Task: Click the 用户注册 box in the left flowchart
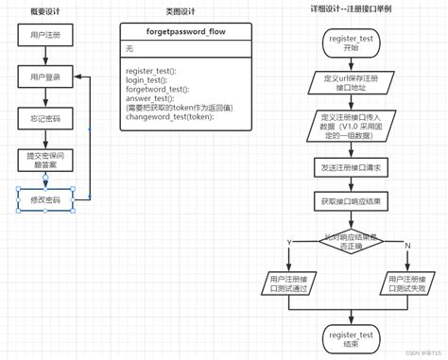coord(44,36)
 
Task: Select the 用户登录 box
coord(44,77)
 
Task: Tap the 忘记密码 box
coord(44,118)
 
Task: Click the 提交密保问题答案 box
coord(44,160)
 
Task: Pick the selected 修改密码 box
coord(44,200)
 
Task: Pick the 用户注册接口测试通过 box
coord(287,283)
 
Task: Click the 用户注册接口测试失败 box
coord(410,283)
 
